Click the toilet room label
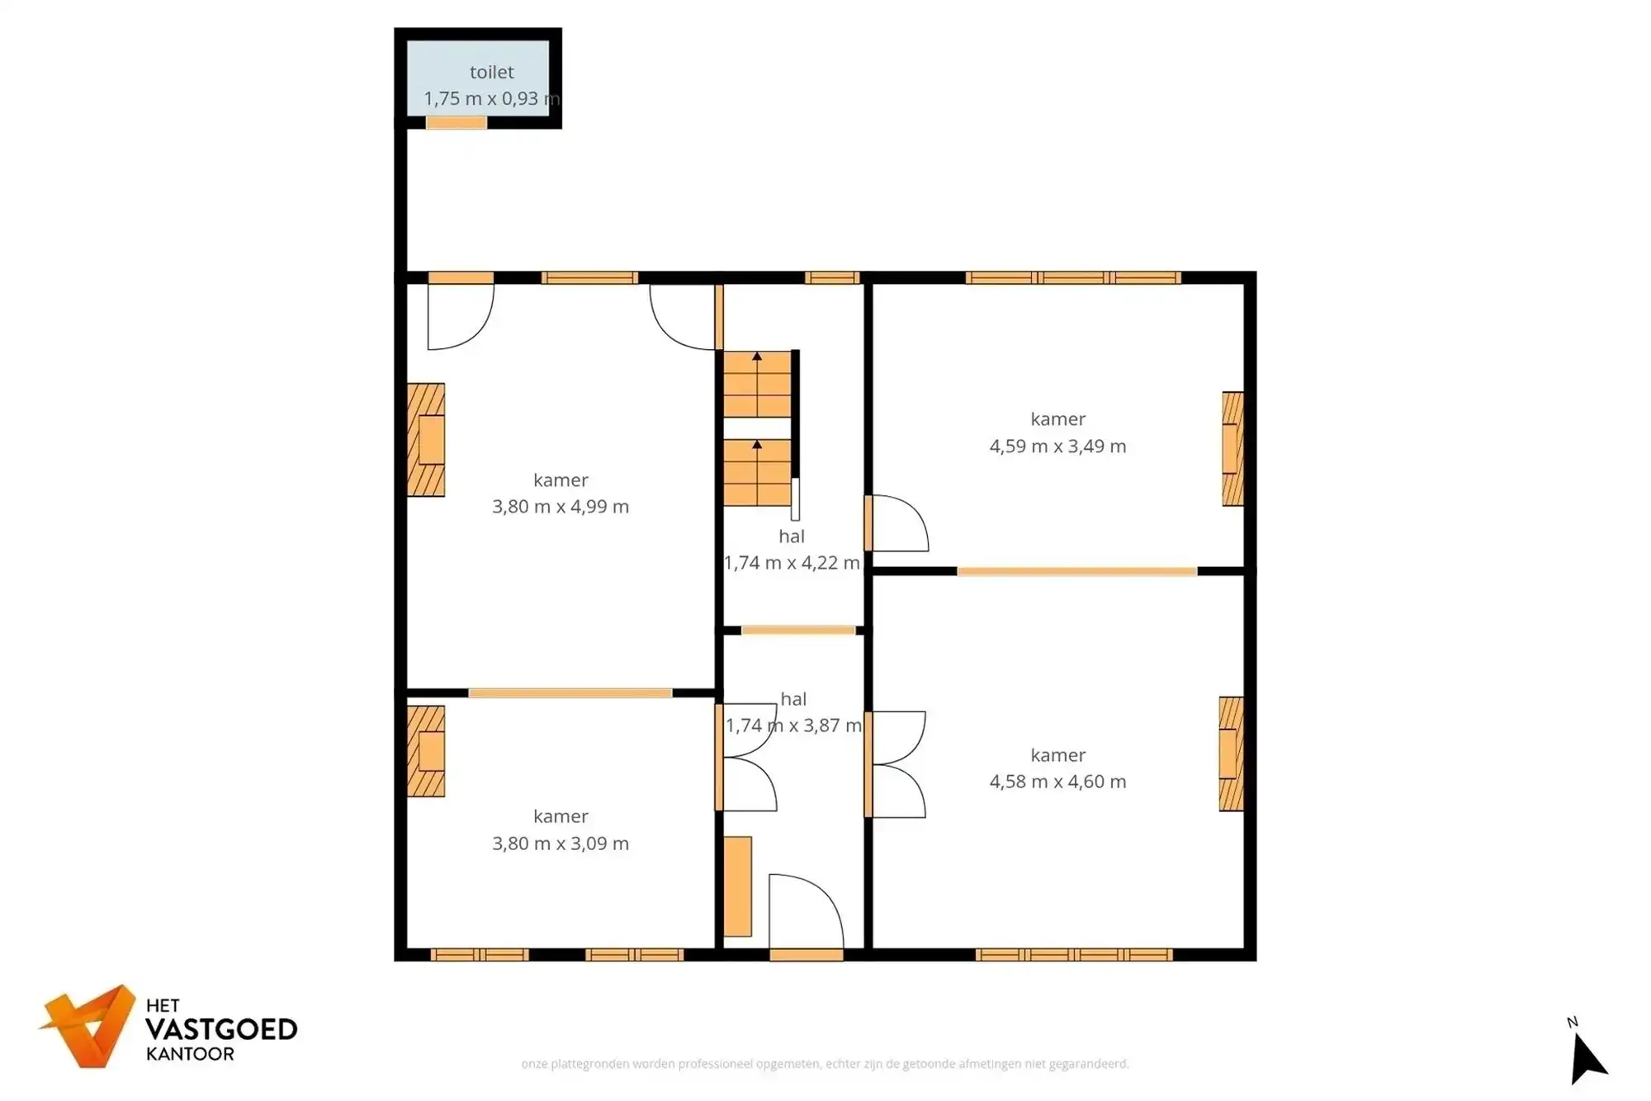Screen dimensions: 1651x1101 click(x=492, y=73)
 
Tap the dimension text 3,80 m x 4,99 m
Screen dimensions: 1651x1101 click(x=561, y=507)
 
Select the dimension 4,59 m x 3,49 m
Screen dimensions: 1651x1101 click(x=1057, y=447)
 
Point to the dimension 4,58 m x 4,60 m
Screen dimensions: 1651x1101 click(x=1057, y=782)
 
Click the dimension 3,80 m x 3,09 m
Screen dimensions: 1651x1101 click(x=561, y=843)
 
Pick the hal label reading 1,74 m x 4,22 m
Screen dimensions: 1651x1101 click(x=792, y=563)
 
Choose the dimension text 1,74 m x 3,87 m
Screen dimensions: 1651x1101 click(x=793, y=725)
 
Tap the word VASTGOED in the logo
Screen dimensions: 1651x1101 click(x=221, y=1030)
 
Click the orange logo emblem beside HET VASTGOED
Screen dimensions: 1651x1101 click(x=89, y=1026)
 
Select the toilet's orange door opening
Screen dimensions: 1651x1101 click(x=457, y=123)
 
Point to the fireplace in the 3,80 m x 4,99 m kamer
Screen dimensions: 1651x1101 click(x=426, y=440)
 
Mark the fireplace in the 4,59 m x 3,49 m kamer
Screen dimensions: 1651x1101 click(x=1232, y=448)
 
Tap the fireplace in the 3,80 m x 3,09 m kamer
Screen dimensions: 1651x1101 click(x=426, y=751)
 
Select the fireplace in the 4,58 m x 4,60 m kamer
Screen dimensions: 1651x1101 click(x=1231, y=754)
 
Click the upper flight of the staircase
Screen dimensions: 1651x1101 click(x=757, y=385)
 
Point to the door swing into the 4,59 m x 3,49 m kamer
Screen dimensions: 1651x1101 click(x=897, y=523)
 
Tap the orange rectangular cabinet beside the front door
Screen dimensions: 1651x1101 click(x=738, y=887)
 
